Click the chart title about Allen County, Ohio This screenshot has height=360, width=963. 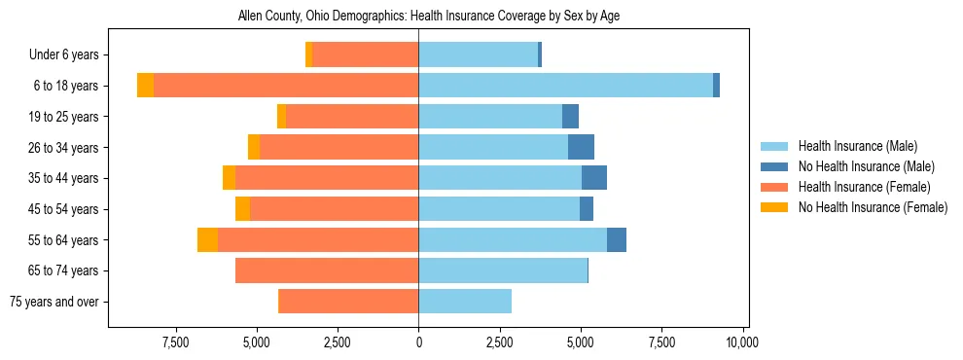[429, 16]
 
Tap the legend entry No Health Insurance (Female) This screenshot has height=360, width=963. [873, 207]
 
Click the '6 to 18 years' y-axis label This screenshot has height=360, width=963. [64, 86]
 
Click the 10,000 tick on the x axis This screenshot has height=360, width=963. [742, 342]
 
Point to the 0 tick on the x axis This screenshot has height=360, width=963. [418, 342]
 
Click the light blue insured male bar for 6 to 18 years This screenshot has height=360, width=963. [565, 86]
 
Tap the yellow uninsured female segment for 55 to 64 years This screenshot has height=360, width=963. [207, 239]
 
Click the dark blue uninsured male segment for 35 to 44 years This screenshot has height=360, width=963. [594, 178]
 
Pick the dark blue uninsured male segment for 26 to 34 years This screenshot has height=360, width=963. [581, 147]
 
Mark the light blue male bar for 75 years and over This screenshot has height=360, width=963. [465, 302]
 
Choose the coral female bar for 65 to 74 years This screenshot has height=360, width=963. [327, 270]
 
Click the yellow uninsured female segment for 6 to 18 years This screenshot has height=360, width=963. [145, 86]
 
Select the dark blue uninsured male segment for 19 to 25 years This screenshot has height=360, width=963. [570, 117]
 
